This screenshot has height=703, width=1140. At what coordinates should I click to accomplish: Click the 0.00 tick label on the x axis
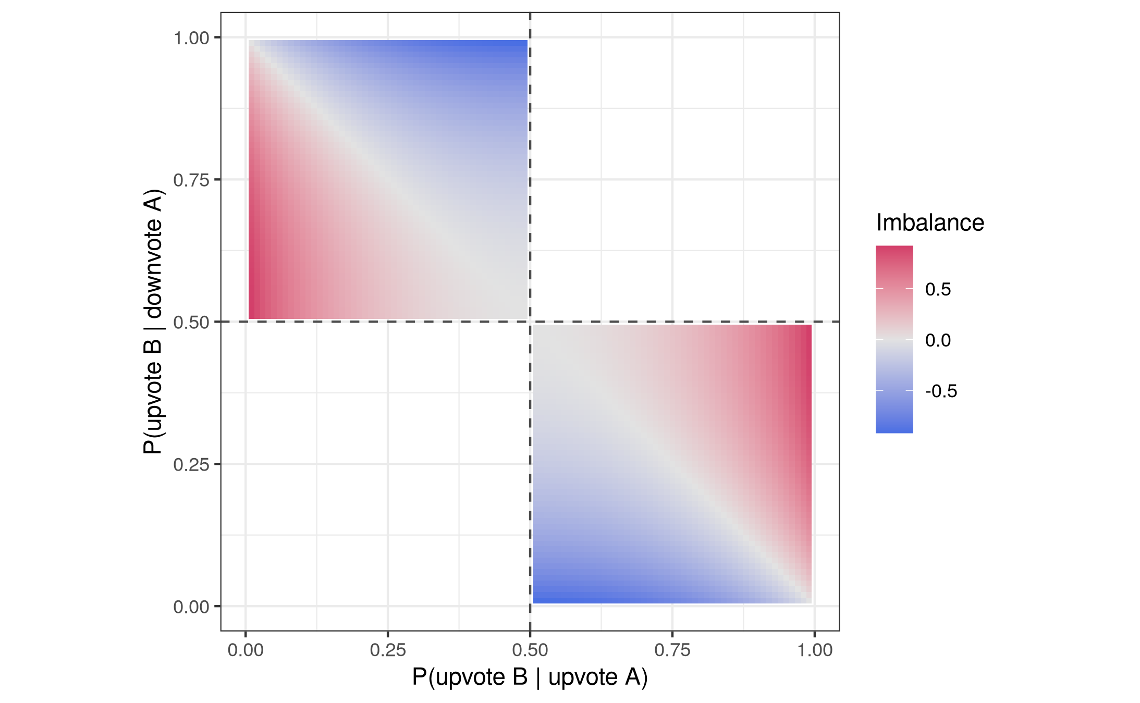245,650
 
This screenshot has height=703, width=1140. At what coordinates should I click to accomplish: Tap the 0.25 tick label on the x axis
387,650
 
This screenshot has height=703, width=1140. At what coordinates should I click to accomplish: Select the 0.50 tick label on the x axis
530,650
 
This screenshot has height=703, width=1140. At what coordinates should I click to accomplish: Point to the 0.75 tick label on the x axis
672,650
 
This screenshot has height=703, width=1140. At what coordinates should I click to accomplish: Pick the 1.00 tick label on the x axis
814,650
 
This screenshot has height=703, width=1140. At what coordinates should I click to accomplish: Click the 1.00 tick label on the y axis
191,38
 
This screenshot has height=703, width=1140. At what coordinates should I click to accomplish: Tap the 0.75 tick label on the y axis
191,180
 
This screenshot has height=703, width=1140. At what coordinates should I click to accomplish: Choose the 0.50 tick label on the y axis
191,323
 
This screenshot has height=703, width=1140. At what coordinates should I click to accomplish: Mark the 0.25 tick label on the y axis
191,465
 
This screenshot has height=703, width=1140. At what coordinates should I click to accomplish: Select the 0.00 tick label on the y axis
191,607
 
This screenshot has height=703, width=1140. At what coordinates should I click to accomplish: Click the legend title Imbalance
930,223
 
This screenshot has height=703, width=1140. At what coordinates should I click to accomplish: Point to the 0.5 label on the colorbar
938,289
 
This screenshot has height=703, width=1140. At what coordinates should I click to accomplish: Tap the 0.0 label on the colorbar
938,340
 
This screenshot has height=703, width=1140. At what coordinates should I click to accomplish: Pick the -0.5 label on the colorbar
941,391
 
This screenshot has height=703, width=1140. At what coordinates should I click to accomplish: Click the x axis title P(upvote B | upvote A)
530,677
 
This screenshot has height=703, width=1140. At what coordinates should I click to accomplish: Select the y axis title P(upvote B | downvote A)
153,322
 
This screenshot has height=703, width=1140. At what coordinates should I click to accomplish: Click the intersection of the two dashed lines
530,322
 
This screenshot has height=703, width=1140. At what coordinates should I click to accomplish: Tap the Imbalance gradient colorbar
894,339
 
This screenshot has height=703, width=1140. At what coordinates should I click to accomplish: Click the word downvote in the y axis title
153,261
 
